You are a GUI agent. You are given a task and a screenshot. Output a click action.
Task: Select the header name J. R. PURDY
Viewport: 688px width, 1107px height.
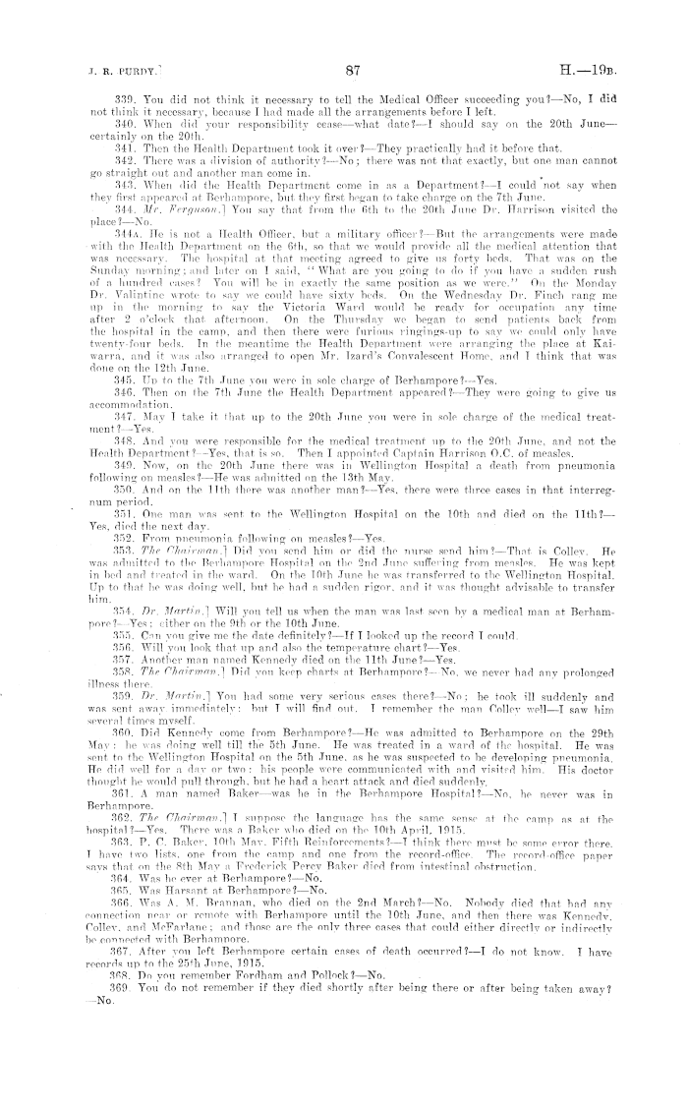(77, 71)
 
